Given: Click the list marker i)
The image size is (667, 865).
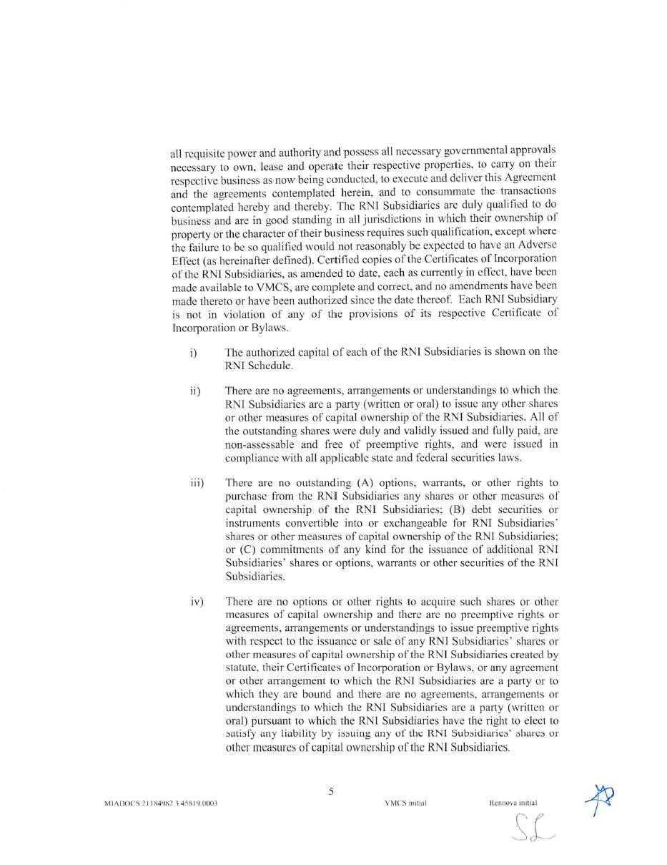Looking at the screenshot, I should [x=193, y=353].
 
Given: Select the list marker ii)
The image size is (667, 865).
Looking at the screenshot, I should [x=194, y=391].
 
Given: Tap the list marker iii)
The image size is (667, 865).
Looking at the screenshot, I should [x=197, y=483].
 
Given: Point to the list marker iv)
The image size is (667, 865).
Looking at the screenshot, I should [x=197, y=602].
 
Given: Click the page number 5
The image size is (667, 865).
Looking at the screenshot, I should [x=331, y=791].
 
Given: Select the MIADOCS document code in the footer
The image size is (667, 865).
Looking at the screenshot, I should [x=161, y=803].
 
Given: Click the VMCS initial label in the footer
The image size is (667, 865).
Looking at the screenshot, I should [x=405, y=803].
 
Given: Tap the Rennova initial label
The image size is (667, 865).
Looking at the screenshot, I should [x=513, y=803].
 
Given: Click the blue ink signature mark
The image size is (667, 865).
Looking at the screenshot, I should [x=601, y=798].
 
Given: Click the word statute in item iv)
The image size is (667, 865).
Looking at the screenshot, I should [x=242, y=668].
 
